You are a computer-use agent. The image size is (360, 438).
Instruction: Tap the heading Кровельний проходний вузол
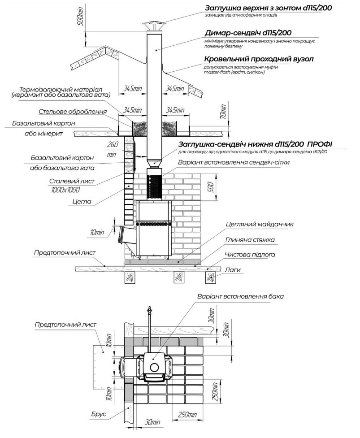pos(259,59)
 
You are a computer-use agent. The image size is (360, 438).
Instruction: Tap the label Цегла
pos(82,201)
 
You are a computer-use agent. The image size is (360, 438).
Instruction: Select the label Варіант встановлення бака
pos(240,296)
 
